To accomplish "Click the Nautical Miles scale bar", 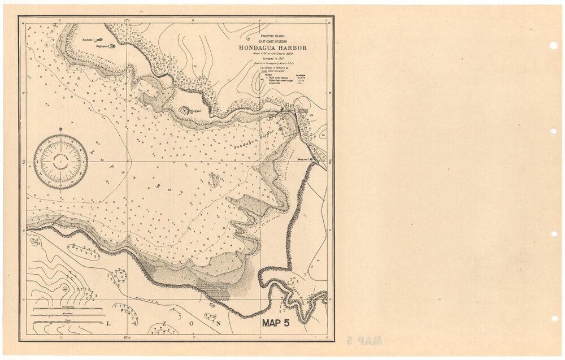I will tap(67, 309).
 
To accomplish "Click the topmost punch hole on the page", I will tap(553, 46).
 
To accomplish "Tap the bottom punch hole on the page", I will tap(553, 318).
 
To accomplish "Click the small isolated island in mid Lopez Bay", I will tap(215, 180).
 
